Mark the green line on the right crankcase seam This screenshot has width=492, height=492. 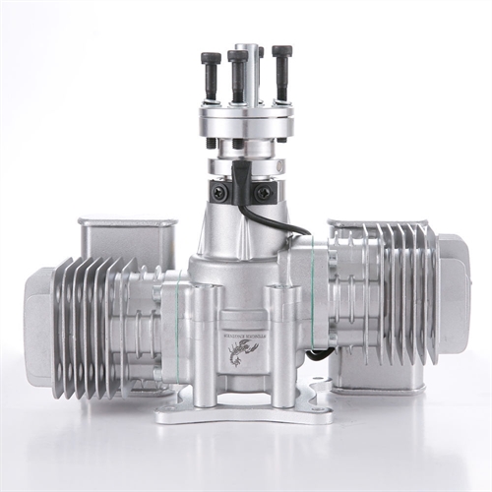pos(314,295)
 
